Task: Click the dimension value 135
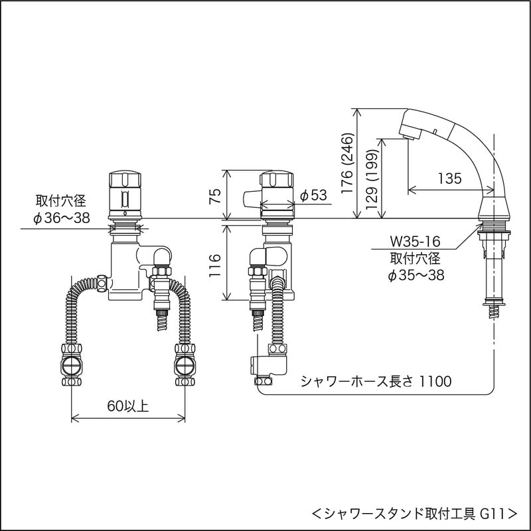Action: [449, 178]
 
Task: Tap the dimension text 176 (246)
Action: [346, 163]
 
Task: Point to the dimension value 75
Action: [213, 195]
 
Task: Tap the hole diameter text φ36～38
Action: [62, 218]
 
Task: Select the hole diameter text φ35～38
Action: [416, 274]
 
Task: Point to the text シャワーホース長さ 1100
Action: [376, 381]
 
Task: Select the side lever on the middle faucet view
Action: [251, 198]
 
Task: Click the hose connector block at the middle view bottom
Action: [272, 365]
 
